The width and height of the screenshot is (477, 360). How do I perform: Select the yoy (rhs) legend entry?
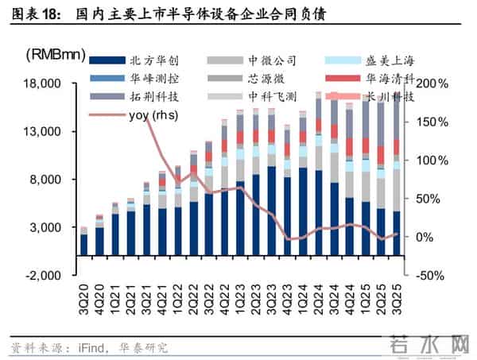[156, 116]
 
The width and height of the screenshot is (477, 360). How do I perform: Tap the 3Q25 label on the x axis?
[397, 296]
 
